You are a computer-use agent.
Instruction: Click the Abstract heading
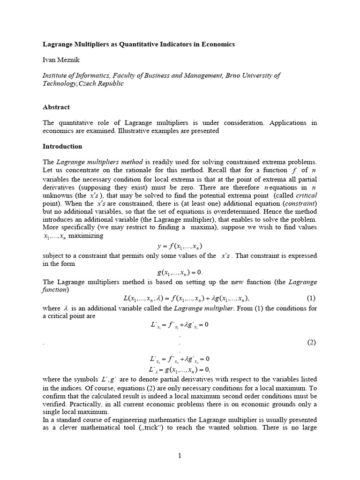coord(56,107)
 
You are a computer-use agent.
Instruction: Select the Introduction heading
coord(62,146)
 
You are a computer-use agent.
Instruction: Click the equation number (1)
coord(312,298)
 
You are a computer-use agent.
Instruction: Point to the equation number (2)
coord(312,342)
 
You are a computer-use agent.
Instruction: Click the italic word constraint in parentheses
coord(300,203)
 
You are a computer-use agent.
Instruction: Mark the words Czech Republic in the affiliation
coord(102,83)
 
